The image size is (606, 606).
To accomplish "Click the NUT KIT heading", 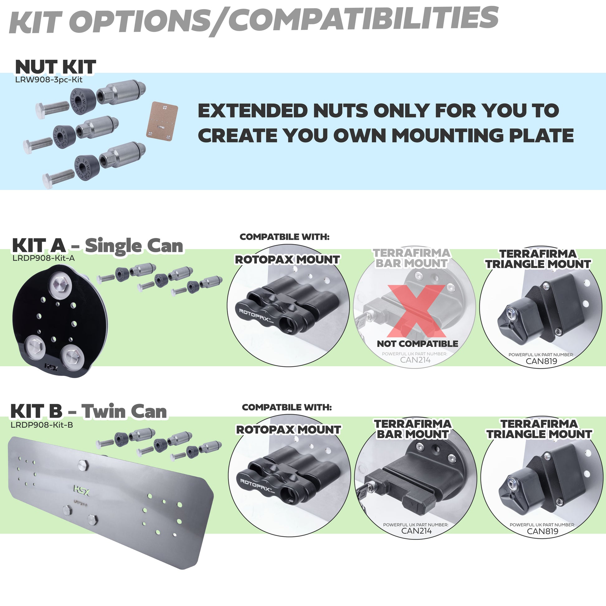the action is tap(55, 67).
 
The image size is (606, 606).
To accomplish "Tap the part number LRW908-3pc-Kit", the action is tap(49, 80).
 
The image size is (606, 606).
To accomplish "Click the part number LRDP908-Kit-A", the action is tap(43, 258).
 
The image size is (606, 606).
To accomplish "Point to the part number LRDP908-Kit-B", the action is tap(42, 425).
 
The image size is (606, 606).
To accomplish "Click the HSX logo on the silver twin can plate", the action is tap(81, 490).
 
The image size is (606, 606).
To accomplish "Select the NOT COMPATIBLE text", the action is tap(417, 344).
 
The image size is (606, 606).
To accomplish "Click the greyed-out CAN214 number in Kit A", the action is tap(415, 360).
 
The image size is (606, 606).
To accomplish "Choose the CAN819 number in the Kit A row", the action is tap(542, 361).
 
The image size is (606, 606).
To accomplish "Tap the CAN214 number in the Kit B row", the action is tap(416, 531).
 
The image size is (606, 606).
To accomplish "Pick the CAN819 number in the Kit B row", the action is tap(543, 531).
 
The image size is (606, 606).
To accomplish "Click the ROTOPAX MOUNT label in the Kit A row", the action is tap(287, 260).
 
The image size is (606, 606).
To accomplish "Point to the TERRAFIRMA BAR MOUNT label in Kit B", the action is tap(413, 429).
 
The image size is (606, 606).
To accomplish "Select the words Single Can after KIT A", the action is tap(134, 246).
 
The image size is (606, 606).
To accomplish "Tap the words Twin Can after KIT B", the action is tap(124, 412).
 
